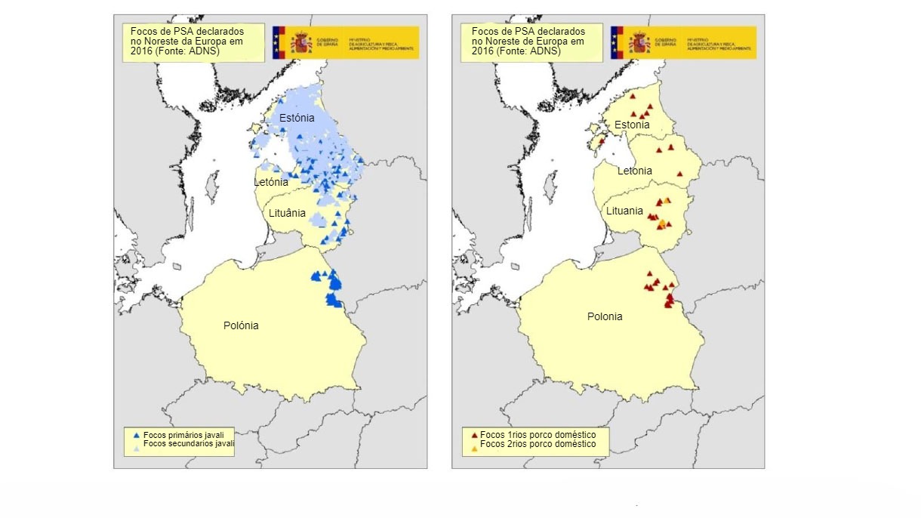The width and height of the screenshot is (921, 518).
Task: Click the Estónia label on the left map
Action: click(x=297, y=119)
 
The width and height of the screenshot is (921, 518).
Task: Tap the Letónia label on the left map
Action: click(x=270, y=182)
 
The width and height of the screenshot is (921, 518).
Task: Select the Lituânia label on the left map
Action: click(x=288, y=213)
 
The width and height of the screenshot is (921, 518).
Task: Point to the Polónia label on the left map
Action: click(x=241, y=325)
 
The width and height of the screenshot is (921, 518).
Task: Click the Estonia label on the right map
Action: click(x=631, y=125)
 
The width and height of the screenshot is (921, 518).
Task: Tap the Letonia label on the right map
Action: click(x=634, y=171)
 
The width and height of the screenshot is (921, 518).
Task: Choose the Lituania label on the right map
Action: click(x=624, y=211)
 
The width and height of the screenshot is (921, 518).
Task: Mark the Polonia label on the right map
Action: click(x=605, y=316)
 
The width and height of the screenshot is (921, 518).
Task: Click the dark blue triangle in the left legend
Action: click(x=136, y=436)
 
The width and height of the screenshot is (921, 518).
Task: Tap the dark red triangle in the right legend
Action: click(x=474, y=436)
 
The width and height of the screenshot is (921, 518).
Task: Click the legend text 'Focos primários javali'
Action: click(x=183, y=435)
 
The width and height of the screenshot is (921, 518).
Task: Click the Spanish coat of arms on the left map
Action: click(x=301, y=42)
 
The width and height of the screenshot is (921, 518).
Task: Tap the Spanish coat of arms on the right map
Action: click(x=639, y=42)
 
